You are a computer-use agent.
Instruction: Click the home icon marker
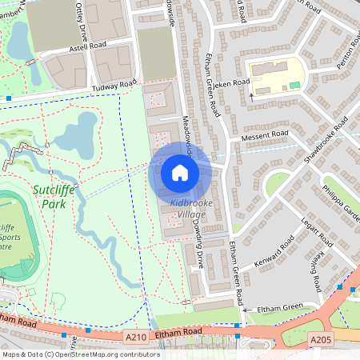point(179,172)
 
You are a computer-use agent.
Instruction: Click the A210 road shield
point(137,338)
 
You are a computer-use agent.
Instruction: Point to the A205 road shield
point(320,340)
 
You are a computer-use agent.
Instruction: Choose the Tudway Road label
point(111,86)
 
